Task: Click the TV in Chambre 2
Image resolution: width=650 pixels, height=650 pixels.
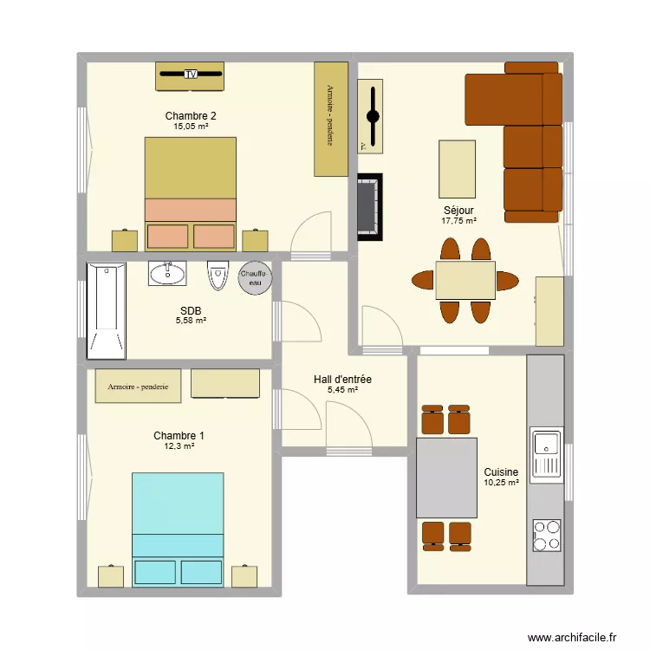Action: click(x=191, y=75)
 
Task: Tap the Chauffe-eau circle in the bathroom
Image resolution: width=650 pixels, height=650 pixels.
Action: click(x=255, y=277)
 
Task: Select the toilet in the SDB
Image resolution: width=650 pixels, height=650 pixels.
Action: click(x=218, y=276)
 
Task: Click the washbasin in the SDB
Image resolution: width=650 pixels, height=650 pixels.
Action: click(x=167, y=273)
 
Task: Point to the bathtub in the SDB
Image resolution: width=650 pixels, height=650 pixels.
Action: click(x=106, y=310)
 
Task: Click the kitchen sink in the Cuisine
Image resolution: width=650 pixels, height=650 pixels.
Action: click(x=547, y=455)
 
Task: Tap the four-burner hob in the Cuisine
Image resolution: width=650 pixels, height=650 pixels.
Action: click(x=547, y=536)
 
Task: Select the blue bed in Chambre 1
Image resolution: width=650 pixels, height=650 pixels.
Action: click(x=178, y=530)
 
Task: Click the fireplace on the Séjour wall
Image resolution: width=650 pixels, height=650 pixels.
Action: click(x=370, y=207)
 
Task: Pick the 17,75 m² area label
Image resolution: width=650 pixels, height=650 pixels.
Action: click(x=458, y=221)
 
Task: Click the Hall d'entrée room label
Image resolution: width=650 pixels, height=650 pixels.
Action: click(x=342, y=379)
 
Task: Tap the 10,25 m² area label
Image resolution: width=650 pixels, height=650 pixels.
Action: click(x=501, y=483)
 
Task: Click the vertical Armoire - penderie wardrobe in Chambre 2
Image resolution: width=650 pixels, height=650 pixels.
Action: click(x=331, y=119)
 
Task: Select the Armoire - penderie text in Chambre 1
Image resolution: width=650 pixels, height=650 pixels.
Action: click(x=138, y=387)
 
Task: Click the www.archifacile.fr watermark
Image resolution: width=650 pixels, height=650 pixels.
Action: click(x=572, y=637)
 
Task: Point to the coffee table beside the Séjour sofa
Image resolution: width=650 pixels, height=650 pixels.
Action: click(x=458, y=169)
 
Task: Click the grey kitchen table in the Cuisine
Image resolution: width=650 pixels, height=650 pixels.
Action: click(x=446, y=478)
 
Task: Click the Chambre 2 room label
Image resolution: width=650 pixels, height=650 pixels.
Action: click(x=191, y=115)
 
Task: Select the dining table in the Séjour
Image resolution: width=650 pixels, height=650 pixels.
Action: click(x=465, y=280)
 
